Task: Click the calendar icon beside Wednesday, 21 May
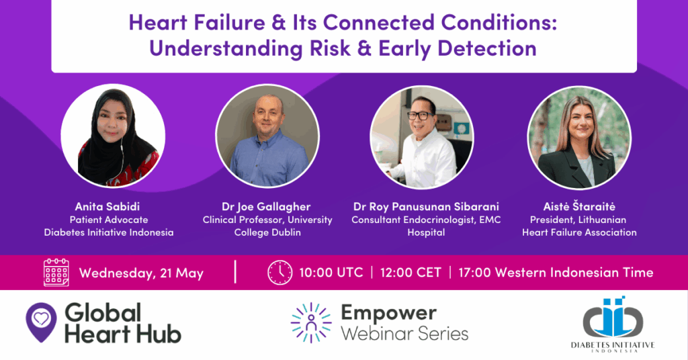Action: pos(56,272)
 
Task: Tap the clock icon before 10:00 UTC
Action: pos(280,272)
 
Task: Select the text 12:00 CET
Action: pos(411,272)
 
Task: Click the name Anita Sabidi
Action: pos(107,206)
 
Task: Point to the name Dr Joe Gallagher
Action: pos(266,207)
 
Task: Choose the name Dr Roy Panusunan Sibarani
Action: pos(426,206)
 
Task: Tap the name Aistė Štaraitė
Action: pos(579,206)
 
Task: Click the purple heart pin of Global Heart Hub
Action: pos(41,322)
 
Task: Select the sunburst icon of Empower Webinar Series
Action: pos(311,323)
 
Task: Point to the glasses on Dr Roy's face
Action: pos(421,116)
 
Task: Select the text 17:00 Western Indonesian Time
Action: pos(556,272)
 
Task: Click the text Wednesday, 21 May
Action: pos(141,273)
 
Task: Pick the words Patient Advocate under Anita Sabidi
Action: pos(109,220)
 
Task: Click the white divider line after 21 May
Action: pos(236,272)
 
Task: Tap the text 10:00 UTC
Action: pos(331,272)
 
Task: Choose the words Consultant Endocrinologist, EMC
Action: pos(426,220)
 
